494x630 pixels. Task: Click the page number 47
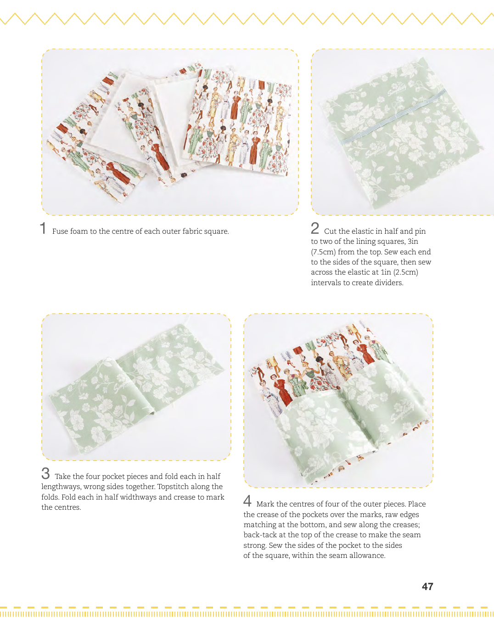pyautogui.click(x=427, y=586)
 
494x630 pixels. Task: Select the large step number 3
pyautogui.click(x=45, y=473)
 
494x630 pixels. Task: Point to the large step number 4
pyautogui.click(x=247, y=501)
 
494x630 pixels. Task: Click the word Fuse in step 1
pyautogui.click(x=58, y=231)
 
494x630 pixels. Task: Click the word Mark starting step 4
pyautogui.click(x=266, y=504)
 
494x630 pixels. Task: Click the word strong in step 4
pyautogui.click(x=255, y=546)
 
